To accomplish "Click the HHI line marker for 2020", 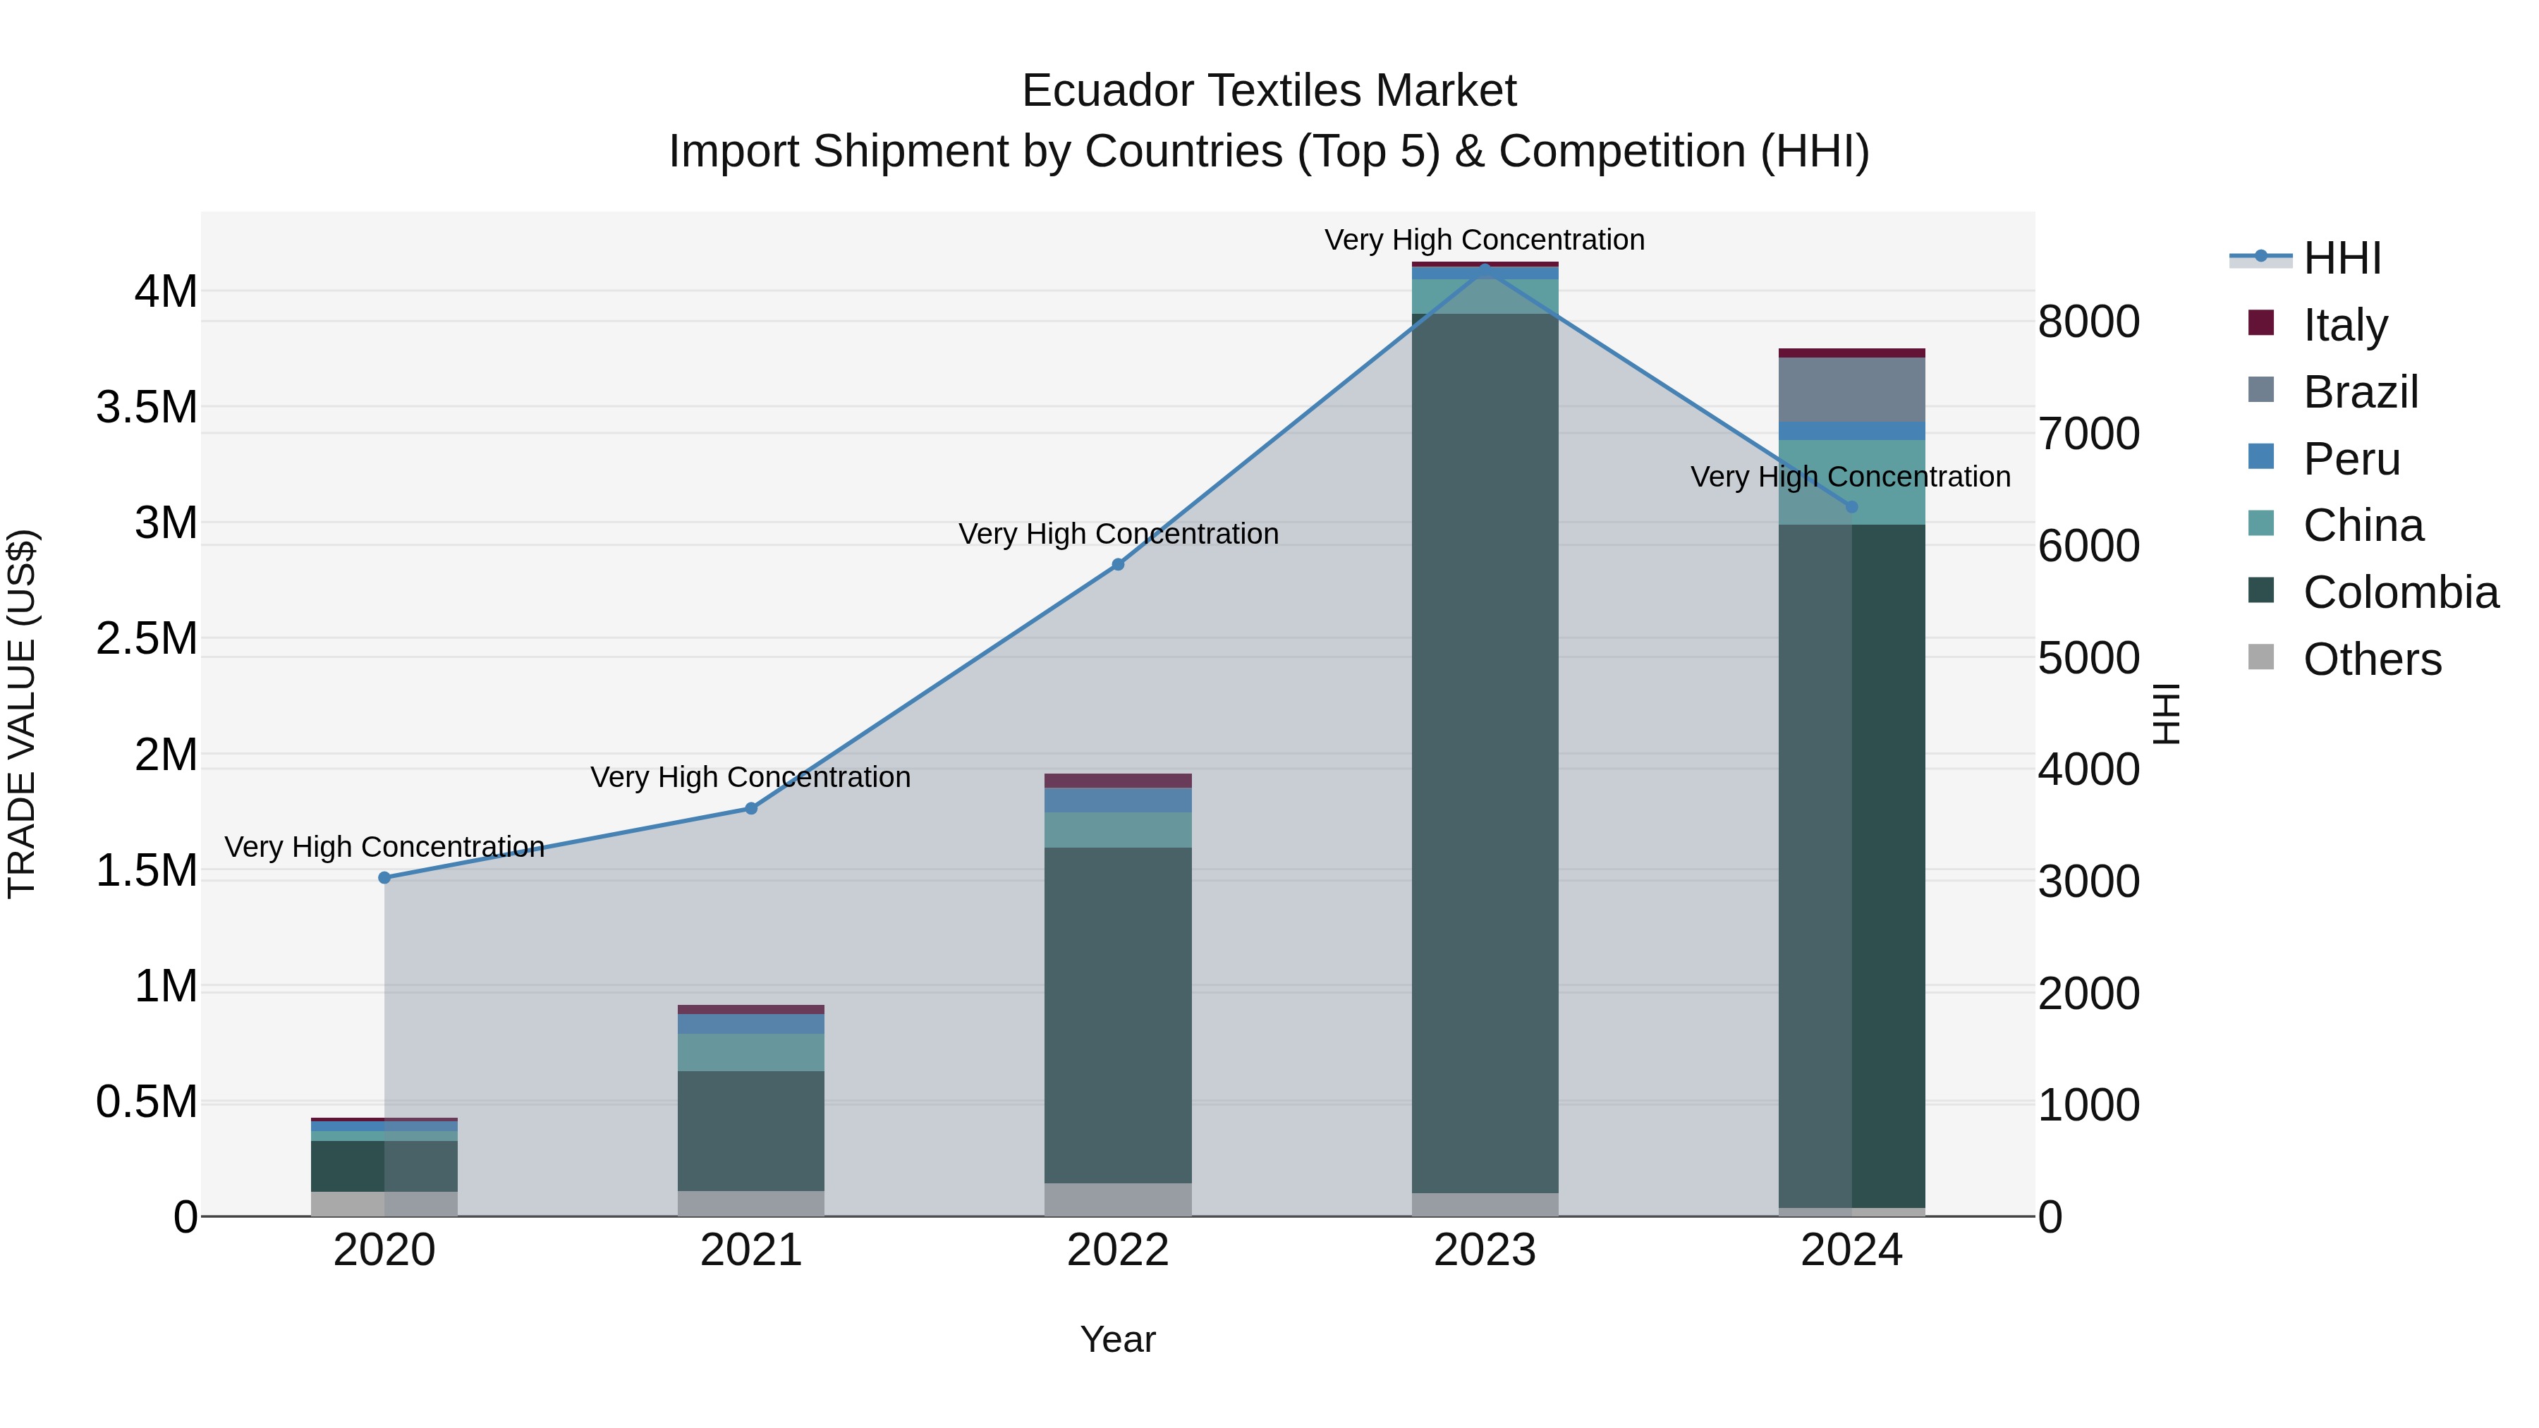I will pyautogui.click(x=384, y=877).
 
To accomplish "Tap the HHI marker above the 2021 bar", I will pyautogui.click(x=751, y=808).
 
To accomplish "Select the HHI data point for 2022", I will pyautogui.click(x=1118, y=565).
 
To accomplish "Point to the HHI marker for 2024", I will pyautogui.click(x=1851, y=506).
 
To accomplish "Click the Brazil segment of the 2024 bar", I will pyautogui.click(x=1851, y=389).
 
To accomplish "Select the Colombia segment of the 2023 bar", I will pyautogui.click(x=1485, y=749).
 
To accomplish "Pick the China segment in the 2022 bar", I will pyautogui.click(x=1118, y=830).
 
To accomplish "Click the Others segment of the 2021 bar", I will pyautogui.click(x=751, y=1203).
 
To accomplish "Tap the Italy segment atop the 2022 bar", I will pyautogui.click(x=1118, y=781).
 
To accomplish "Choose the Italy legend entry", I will pyautogui.click(x=2346, y=324).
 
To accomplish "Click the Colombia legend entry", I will pyautogui.click(x=2400, y=592).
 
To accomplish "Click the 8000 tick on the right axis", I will pyautogui.click(x=2088, y=322).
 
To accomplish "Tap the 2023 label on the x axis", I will pyautogui.click(x=1485, y=1250).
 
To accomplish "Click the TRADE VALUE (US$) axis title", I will pyautogui.click(x=22, y=714).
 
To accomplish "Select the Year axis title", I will pyautogui.click(x=1118, y=1339).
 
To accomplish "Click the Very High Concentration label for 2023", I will pyautogui.click(x=1485, y=240).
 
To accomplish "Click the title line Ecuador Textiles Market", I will pyautogui.click(x=1269, y=91).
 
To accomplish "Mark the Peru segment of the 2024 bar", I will pyautogui.click(x=1851, y=431).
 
